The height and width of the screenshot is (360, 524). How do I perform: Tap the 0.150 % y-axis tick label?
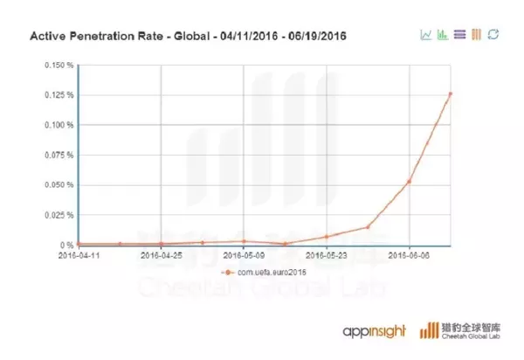60,65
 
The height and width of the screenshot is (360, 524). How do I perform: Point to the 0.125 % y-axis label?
60,94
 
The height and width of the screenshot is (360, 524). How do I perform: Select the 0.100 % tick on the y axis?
60,125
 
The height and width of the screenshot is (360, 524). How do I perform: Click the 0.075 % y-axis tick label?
60,155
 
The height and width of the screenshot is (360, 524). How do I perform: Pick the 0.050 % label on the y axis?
60,184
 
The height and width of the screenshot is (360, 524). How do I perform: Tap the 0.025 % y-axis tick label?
60,215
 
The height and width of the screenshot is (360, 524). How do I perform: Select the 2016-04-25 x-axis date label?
162,256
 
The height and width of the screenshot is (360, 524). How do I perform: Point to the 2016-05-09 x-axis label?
245,256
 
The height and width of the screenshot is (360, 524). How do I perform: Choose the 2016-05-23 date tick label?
327,256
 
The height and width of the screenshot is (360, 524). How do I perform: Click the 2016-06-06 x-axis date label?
410,256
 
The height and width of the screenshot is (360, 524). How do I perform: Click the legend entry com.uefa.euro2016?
266,273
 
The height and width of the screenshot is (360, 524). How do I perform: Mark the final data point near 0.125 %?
451,93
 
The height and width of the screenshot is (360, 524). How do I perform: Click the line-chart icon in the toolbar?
425,35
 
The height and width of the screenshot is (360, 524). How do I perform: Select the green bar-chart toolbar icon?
443,35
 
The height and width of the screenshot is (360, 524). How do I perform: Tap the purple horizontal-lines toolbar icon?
459,35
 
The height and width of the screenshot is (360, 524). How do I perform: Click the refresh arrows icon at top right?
493,35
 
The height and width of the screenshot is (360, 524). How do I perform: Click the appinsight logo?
376,331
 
